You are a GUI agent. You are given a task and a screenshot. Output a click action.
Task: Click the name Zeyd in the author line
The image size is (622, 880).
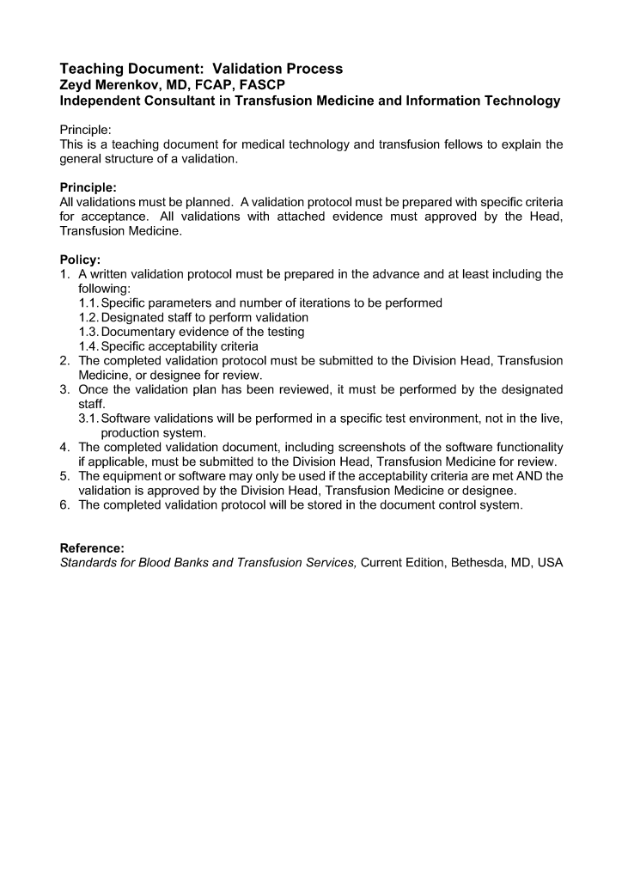[76, 84]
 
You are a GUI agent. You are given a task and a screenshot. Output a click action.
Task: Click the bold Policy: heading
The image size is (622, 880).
[80, 260]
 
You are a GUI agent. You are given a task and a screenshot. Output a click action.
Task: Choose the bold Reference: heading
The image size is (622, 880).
[92, 548]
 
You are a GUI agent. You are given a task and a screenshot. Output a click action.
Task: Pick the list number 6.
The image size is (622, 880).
[65, 505]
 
